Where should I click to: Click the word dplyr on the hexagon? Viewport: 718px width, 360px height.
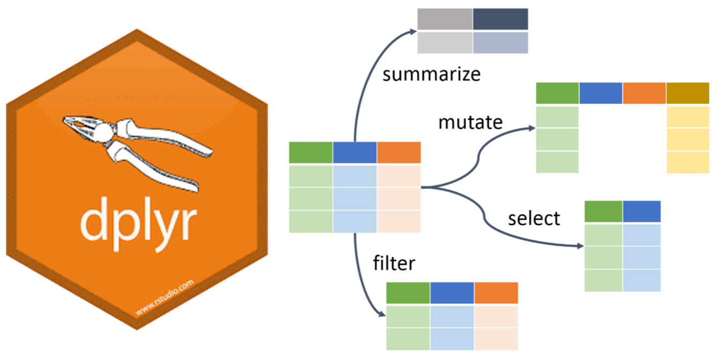(138, 218)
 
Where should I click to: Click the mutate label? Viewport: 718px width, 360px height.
(470, 122)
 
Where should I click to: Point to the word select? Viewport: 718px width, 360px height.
(534, 218)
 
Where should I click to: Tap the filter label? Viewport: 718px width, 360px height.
(394, 264)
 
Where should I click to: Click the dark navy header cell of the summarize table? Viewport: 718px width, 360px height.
(500, 20)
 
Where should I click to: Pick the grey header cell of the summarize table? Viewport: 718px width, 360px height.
(445, 20)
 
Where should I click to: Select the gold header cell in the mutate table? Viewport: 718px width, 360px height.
(688, 93)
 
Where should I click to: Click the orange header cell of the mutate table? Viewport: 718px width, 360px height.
(644, 93)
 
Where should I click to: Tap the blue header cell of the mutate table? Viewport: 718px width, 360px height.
(601, 93)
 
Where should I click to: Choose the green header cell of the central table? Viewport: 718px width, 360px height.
(311, 153)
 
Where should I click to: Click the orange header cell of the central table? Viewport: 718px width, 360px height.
(399, 153)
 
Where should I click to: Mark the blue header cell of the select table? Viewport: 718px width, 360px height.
(641, 212)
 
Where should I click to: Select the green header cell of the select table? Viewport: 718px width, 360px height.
(603, 212)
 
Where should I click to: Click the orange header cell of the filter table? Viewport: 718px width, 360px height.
(496, 293)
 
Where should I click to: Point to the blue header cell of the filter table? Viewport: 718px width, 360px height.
(452, 293)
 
